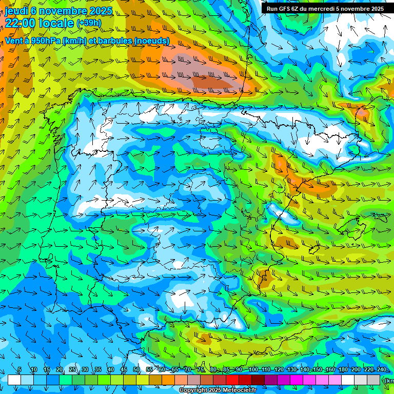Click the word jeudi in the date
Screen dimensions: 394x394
point(16,11)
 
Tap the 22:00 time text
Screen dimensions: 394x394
point(20,23)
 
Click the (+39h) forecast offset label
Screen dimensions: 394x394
point(89,23)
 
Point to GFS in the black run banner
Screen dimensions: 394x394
point(285,9)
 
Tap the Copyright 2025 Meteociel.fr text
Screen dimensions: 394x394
point(217,390)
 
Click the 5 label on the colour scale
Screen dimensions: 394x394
point(19,370)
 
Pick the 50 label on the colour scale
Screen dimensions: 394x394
point(136,370)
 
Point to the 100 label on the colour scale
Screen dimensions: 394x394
point(253,370)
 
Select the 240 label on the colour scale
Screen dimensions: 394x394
point(382,370)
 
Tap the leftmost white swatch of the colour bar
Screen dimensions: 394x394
point(14,380)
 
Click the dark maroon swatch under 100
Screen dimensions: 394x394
point(258,380)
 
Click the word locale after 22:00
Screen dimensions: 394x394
point(56,23)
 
